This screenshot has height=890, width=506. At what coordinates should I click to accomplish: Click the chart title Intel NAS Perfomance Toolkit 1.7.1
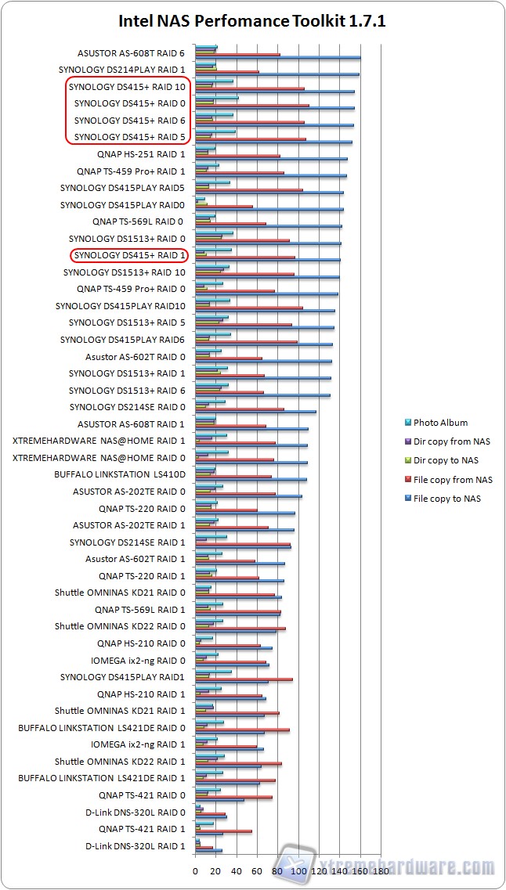252,21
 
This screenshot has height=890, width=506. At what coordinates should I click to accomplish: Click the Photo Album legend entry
441,423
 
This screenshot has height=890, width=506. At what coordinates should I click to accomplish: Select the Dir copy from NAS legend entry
452,441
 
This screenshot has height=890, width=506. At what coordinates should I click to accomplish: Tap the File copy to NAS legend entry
458,499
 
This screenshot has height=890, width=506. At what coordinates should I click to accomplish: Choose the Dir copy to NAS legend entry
446,460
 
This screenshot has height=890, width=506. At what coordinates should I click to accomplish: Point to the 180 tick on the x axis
381,870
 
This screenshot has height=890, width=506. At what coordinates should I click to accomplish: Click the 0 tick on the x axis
195,870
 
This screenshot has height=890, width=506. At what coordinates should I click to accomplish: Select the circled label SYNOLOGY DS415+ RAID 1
130,255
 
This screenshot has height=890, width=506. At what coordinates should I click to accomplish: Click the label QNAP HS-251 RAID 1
137,154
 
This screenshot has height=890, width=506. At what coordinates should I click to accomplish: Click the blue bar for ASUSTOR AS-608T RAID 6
277,58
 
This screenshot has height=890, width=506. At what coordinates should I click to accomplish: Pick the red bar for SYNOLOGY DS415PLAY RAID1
244,679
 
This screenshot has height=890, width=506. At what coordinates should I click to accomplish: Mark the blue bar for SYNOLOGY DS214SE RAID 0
255,412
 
